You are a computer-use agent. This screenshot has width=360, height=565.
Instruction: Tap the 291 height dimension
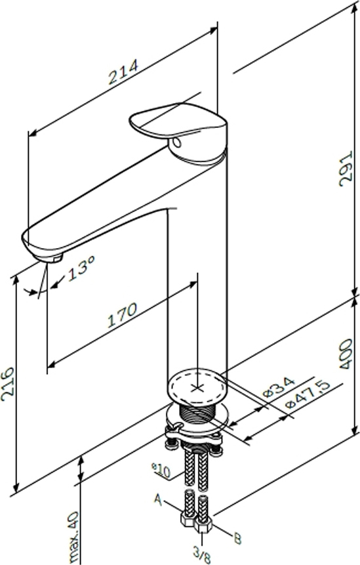(x=346, y=169)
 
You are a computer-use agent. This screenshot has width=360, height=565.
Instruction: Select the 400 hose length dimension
(x=346, y=353)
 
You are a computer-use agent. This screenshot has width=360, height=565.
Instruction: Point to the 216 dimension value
(x=7, y=384)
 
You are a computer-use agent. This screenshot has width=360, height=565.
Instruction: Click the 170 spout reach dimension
(x=123, y=315)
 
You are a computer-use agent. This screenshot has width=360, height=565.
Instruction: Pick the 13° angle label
(x=81, y=268)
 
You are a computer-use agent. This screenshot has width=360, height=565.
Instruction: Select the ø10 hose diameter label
(x=161, y=471)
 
